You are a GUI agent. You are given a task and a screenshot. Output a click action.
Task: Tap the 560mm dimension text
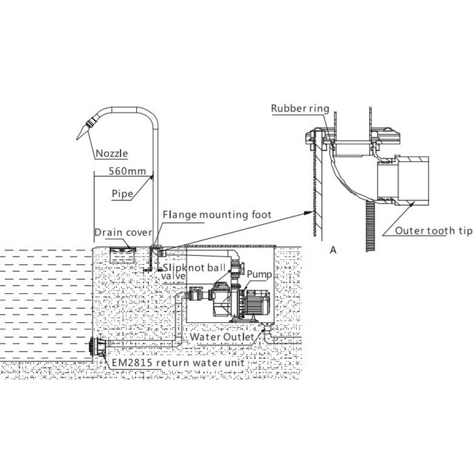point(128,171)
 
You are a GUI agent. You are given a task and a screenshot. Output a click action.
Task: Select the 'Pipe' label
point(123,193)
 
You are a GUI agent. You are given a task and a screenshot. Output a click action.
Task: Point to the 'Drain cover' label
point(122,232)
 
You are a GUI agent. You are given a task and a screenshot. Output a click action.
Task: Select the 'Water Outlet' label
point(222,337)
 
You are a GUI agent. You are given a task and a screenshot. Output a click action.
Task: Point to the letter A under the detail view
point(333,249)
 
